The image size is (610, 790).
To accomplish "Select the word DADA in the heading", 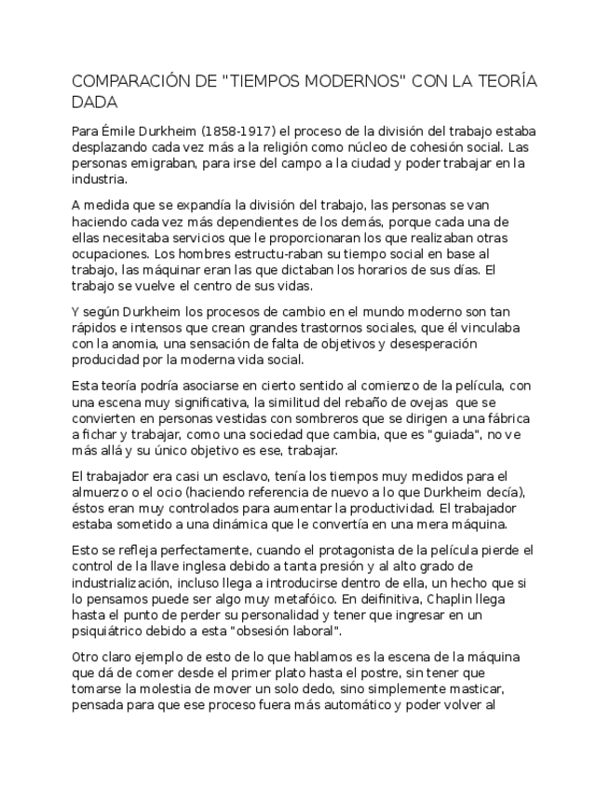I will tap(96, 102).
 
